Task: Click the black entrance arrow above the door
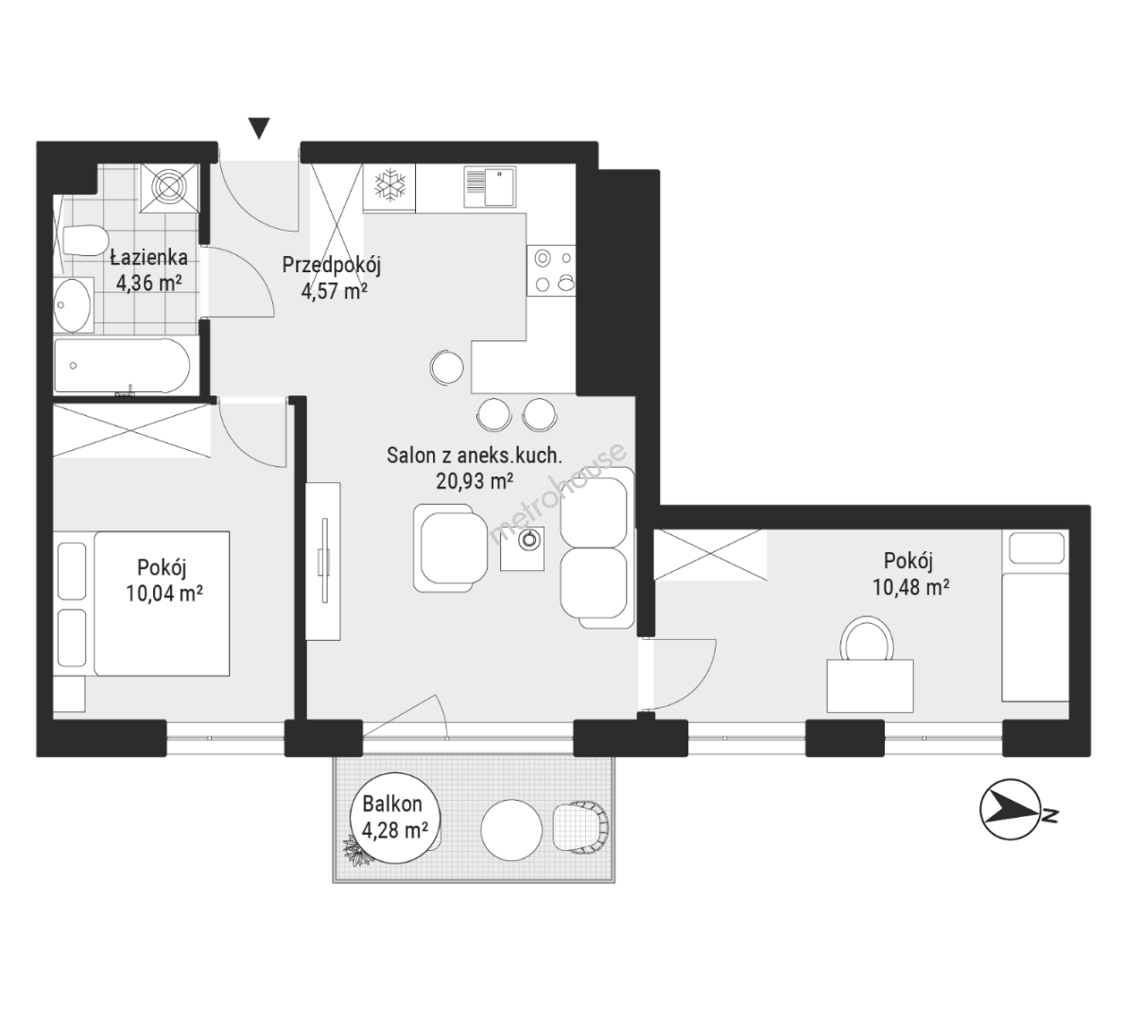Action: (x=259, y=129)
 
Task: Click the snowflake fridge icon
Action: (x=390, y=185)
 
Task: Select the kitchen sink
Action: (x=490, y=186)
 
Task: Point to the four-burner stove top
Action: (x=551, y=270)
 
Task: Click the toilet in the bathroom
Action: (x=83, y=241)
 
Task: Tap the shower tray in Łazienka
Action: (x=168, y=188)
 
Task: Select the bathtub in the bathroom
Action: (x=122, y=366)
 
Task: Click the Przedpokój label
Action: (x=331, y=265)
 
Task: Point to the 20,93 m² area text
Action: (x=475, y=481)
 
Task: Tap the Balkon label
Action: (x=391, y=804)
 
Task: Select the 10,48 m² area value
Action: (x=910, y=587)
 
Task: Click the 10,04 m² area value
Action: (x=164, y=594)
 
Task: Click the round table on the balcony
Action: (x=511, y=830)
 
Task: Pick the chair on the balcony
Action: (x=580, y=827)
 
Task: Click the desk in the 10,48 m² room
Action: (x=870, y=685)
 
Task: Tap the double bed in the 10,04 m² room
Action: (x=162, y=603)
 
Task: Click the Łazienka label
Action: (x=148, y=257)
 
